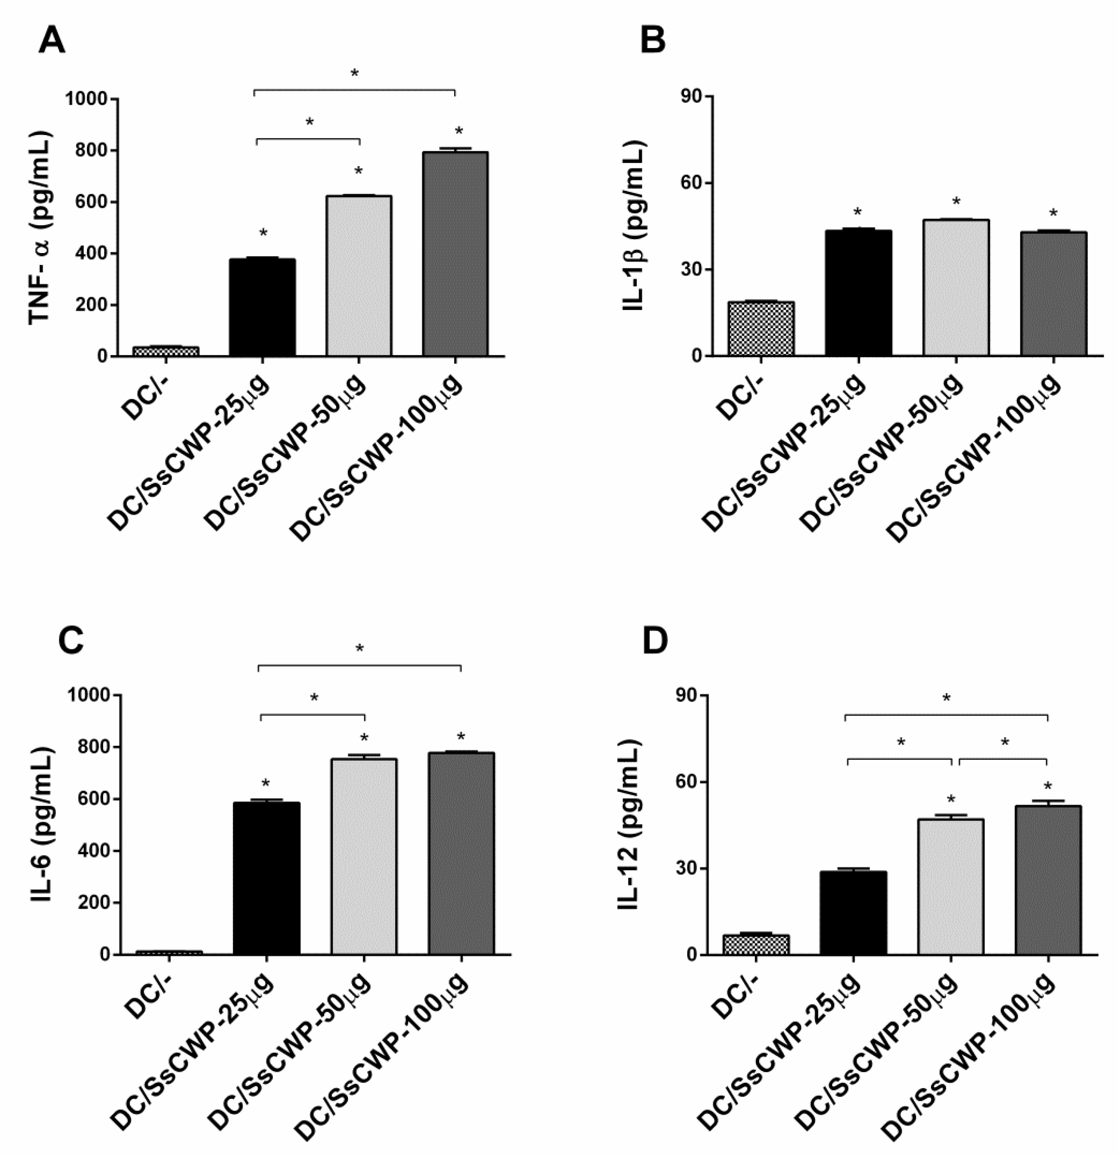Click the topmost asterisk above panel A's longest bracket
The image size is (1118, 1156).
pos(355,74)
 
